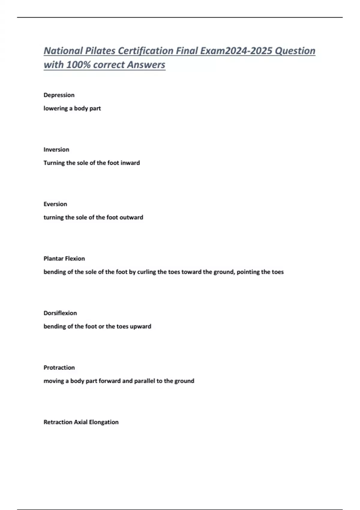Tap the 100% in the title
(x=78, y=64)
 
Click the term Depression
(x=59, y=95)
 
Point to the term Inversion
(x=56, y=149)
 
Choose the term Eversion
(x=55, y=204)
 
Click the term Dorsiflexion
(x=60, y=313)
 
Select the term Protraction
(x=59, y=367)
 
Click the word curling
(x=146, y=272)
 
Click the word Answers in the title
(x=146, y=64)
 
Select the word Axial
(x=81, y=422)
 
